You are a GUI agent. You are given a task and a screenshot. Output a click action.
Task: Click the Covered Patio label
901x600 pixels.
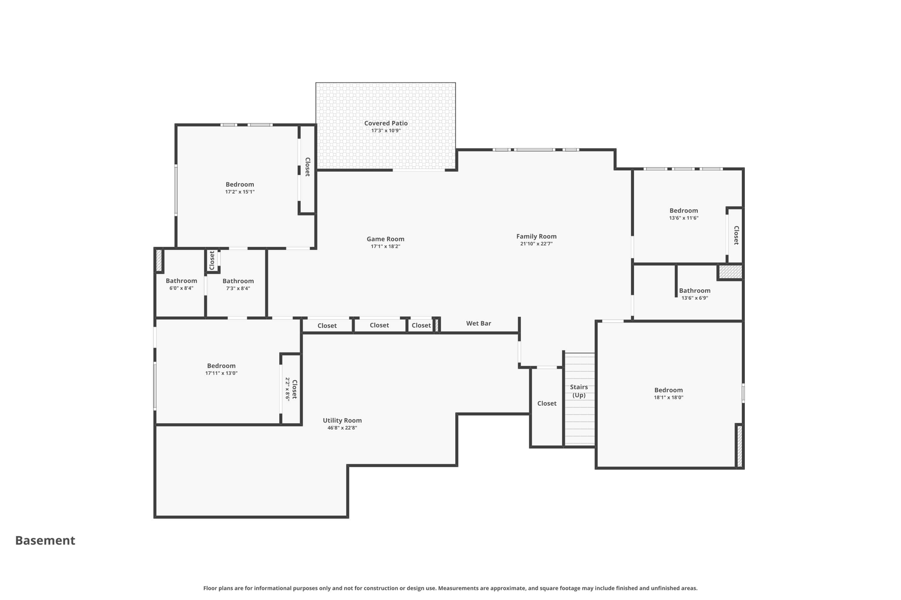(386, 124)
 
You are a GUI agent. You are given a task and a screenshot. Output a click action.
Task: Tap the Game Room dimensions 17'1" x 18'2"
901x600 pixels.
(385, 247)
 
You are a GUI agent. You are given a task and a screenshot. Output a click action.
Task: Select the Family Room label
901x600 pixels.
(536, 236)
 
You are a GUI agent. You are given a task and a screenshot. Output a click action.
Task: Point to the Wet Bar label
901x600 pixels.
(478, 324)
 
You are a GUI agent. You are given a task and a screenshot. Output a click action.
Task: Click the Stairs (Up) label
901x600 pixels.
(579, 391)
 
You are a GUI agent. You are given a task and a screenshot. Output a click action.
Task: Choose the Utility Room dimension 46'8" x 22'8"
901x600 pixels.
(342, 428)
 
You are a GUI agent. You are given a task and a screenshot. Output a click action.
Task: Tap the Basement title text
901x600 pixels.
(45, 541)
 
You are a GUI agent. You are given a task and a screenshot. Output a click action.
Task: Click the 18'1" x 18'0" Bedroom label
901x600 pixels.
(668, 390)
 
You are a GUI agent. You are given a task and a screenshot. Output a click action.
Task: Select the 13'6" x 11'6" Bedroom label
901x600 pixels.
(684, 211)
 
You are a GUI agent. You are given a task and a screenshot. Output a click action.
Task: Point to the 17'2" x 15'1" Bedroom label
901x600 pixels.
(240, 185)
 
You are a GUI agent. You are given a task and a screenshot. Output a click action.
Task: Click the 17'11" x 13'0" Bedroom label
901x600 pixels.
(221, 366)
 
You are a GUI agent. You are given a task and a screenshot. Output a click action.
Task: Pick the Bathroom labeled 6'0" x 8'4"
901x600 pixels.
(181, 281)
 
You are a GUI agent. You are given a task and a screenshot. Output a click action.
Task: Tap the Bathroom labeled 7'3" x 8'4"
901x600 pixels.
(238, 281)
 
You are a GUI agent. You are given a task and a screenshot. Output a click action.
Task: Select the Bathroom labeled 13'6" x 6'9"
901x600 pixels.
(694, 291)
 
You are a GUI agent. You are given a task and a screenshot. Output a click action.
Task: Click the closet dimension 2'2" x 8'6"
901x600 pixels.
(287, 389)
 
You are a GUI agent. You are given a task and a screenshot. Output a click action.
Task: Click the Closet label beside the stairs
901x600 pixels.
(546, 404)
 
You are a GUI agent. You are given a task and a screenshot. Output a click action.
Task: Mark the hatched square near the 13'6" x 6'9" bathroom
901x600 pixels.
(730, 272)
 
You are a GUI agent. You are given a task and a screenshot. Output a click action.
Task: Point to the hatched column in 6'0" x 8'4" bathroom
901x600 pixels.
(159, 260)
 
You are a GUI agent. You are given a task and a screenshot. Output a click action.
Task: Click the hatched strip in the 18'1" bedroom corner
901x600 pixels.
(740, 446)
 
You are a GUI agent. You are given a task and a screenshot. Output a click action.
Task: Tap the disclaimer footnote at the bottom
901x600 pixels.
(450, 588)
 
